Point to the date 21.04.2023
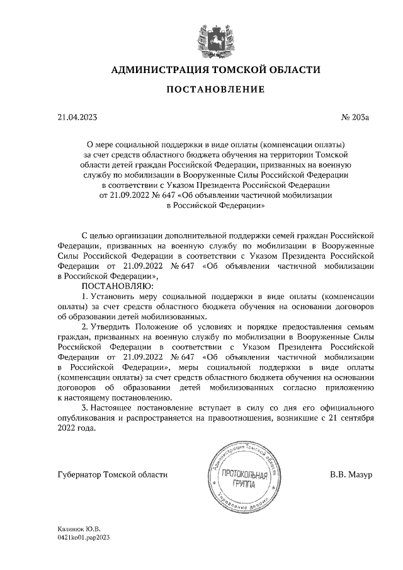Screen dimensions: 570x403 click(x=77, y=117)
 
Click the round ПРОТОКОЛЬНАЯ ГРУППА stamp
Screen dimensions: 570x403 click(x=241, y=476)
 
